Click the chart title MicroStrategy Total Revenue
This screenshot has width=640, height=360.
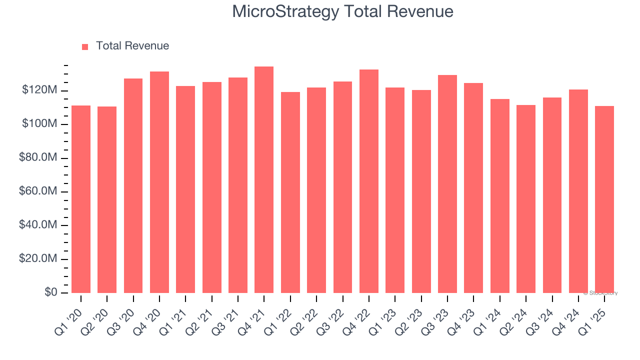tap(342, 11)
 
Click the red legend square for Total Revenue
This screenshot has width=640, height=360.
tap(85, 46)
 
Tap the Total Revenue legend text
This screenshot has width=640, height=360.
tap(132, 46)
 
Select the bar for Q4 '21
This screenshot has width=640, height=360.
tap(264, 180)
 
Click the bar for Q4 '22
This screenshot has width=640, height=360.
tap(369, 181)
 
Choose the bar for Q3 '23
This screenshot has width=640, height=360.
tap(447, 184)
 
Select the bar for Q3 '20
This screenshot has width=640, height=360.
tap(133, 185)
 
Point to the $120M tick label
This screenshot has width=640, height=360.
tap(39, 90)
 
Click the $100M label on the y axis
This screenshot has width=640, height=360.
tap(39, 124)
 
